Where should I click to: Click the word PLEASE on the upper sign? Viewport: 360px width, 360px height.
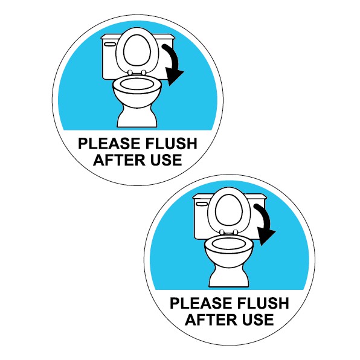[x=105, y=145]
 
